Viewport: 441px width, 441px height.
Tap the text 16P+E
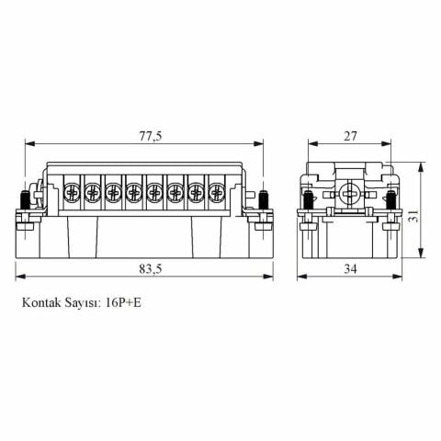pyautogui.click(x=127, y=300)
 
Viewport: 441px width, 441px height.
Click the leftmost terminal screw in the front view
pyautogui.click(x=72, y=193)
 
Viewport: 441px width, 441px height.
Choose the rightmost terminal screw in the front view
pyautogui.click(x=216, y=193)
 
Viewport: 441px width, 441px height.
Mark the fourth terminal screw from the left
pyautogui.click(x=133, y=193)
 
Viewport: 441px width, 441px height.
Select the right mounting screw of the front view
pyautogui.click(x=265, y=200)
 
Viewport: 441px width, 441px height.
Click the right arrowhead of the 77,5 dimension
pyautogui.click(x=262, y=144)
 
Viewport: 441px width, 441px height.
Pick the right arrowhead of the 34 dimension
pyautogui.click(x=397, y=276)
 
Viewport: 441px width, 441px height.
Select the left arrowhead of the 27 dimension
pyautogui.click(x=310, y=144)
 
